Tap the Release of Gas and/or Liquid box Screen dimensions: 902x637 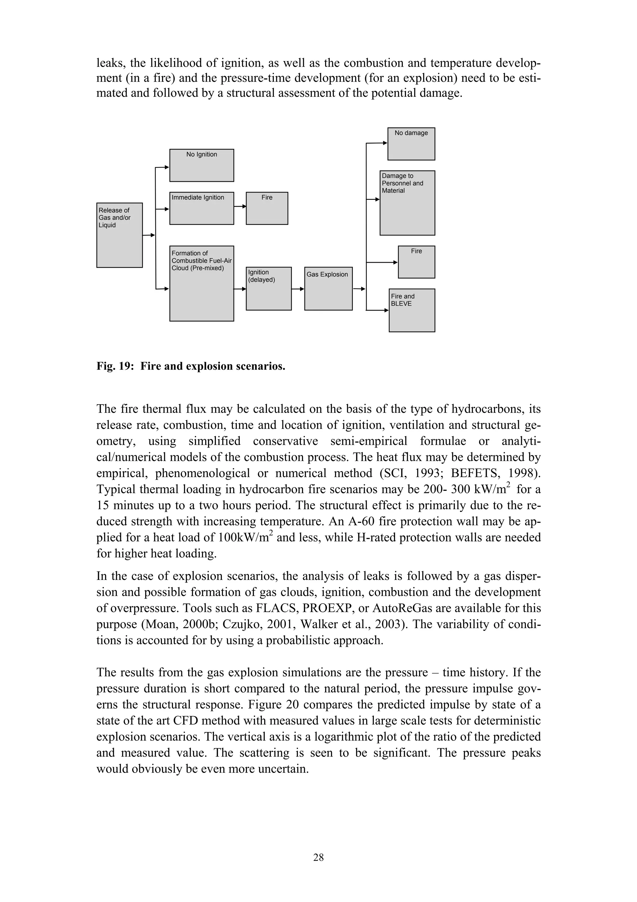(x=119, y=235)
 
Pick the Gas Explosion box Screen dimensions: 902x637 (x=328, y=289)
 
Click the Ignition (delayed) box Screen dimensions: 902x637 (x=268, y=289)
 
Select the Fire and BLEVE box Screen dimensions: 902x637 (x=412, y=310)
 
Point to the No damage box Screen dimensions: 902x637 (x=411, y=144)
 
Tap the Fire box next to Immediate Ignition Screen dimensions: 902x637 (x=267, y=208)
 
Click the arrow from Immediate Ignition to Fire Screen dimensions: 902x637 (x=240, y=206)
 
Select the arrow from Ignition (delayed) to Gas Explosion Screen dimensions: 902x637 (x=298, y=289)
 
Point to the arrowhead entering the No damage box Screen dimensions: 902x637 (x=385, y=143)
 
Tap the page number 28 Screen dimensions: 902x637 (x=318, y=857)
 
